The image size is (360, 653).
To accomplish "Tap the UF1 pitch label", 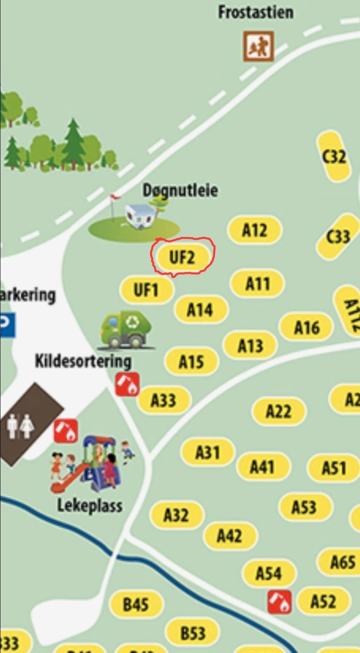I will [146, 290].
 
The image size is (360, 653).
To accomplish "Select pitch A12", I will [255, 230].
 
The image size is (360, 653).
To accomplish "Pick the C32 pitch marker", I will [334, 156].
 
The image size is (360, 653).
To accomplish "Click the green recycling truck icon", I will [126, 330].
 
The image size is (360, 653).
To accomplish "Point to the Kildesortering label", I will [83, 361].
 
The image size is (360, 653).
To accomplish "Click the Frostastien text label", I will [255, 12].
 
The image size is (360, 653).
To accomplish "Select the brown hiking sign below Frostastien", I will [258, 46].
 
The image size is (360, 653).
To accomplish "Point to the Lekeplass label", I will [90, 505].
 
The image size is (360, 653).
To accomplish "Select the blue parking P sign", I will [7, 325].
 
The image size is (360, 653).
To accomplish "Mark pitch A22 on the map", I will [279, 411].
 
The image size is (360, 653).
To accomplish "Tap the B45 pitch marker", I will [136, 605].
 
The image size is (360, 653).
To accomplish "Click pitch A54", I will [269, 573].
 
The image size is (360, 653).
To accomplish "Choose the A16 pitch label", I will [307, 327].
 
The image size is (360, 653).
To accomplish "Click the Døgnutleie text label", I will [180, 190].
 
